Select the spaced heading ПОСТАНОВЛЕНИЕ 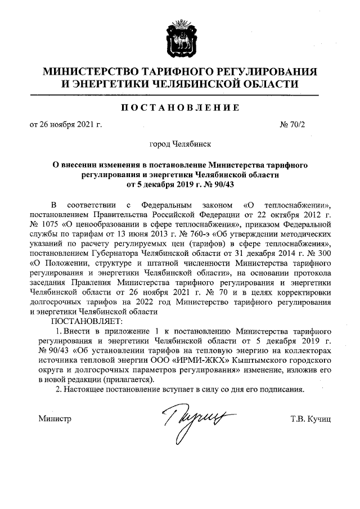coord(179,108)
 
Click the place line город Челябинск coord(180,144)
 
